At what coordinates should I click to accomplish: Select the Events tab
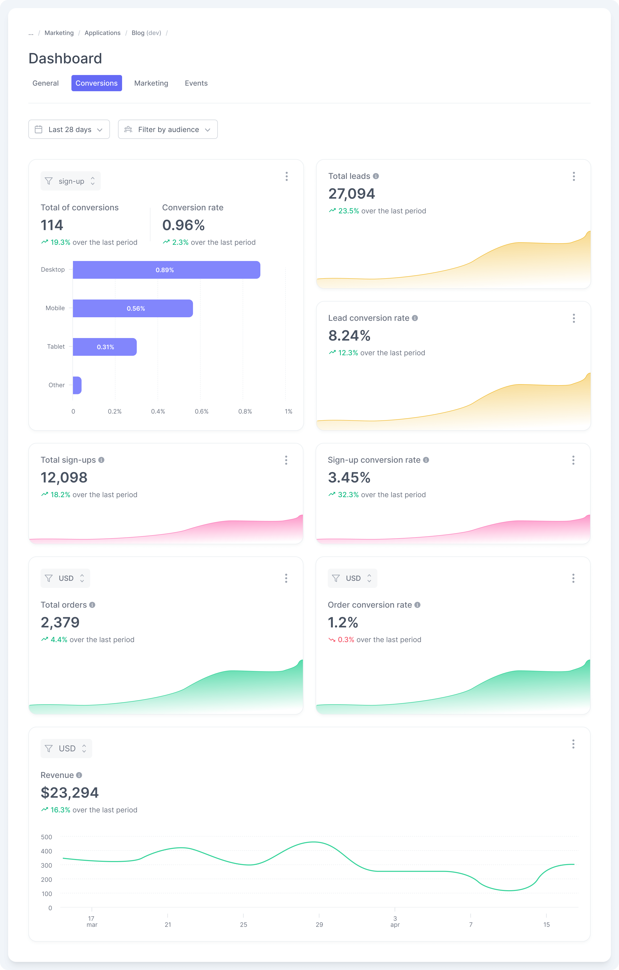196,83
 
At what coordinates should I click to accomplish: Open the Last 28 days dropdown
69,129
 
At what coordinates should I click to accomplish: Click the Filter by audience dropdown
167,129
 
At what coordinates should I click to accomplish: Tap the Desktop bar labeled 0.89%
166,270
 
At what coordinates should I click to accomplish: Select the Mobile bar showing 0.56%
133,308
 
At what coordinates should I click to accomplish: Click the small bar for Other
77,385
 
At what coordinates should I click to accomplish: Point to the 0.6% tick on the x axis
201,411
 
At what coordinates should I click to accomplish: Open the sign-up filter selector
70,181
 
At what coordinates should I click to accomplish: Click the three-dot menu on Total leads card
573,176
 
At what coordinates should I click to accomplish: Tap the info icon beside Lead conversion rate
415,318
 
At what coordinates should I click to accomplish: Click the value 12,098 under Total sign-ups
64,477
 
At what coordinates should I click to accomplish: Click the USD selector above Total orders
65,578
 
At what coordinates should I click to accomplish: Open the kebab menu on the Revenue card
573,744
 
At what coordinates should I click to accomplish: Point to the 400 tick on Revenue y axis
47,851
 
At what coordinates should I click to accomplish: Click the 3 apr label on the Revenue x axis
395,921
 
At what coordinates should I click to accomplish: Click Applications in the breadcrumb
102,33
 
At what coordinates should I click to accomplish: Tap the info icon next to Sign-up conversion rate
426,460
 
